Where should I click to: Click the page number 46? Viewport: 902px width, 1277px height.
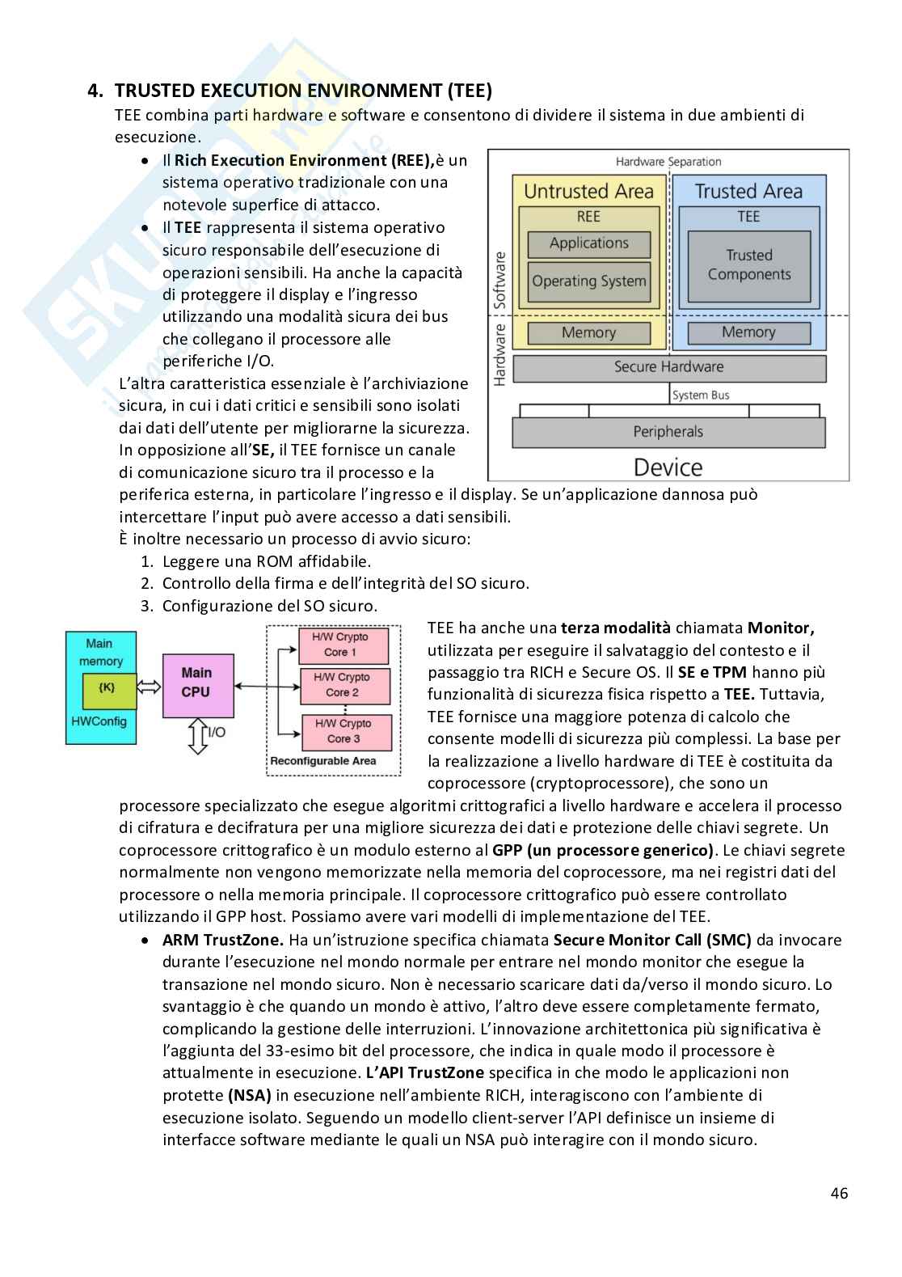[x=839, y=1193]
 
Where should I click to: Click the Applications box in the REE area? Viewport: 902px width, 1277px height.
[x=588, y=243]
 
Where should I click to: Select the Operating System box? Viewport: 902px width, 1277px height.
[x=588, y=281]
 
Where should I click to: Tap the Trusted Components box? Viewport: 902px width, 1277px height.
[x=748, y=265]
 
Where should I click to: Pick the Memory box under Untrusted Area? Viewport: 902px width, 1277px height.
[x=588, y=332]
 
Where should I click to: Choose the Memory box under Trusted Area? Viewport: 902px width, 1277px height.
[x=748, y=332]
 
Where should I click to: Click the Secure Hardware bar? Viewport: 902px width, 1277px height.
[x=668, y=367]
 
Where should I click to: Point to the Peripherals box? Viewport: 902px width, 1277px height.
[x=668, y=432]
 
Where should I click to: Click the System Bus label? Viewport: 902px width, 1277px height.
[x=701, y=395]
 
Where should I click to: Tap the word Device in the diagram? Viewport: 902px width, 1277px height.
[x=668, y=467]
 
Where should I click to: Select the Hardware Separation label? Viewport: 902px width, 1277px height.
[x=668, y=162]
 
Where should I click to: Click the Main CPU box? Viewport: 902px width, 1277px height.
[x=196, y=683]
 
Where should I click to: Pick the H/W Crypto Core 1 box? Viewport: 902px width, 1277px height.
[x=341, y=645]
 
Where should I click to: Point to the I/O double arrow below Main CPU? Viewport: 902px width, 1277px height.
[x=197, y=735]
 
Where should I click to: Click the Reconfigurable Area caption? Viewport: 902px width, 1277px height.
[x=322, y=761]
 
